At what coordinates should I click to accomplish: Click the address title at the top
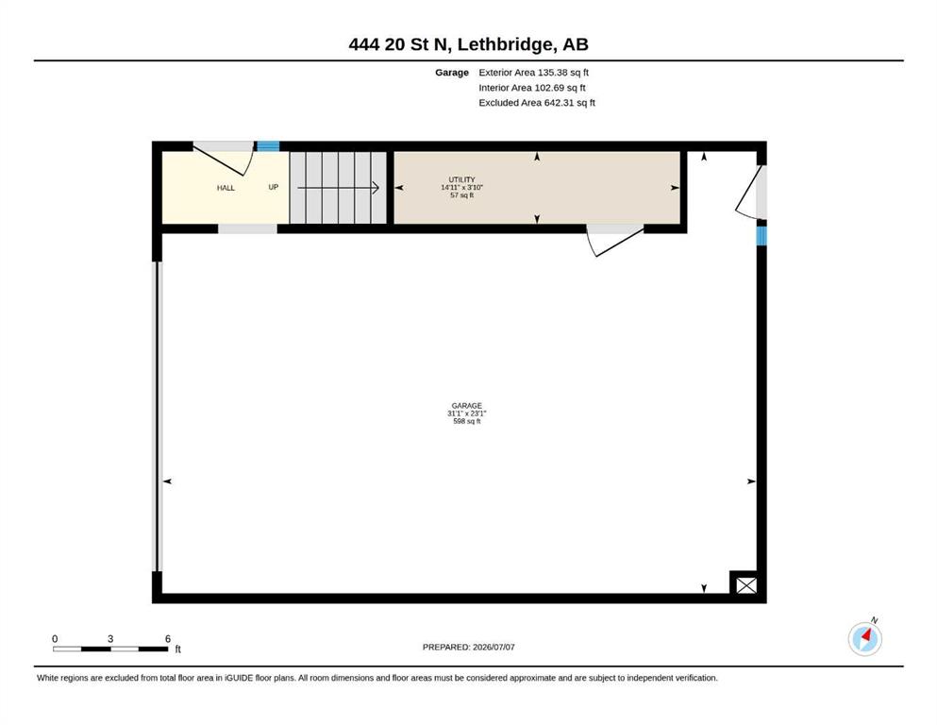(468, 44)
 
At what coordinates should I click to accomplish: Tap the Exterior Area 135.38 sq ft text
(534, 73)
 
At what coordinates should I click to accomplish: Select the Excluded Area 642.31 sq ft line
(537, 103)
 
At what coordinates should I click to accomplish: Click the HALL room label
(226, 188)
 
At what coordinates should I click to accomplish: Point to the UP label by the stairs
(273, 187)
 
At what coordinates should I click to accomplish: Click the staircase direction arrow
(338, 188)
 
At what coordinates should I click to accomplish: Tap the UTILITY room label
(462, 179)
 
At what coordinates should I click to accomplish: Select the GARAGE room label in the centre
(467, 406)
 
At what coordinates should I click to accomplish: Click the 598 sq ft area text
(467, 421)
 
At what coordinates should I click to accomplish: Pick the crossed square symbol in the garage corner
(746, 585)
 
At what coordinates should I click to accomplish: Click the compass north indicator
(865, 638)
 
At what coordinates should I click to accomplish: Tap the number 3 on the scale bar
(110, 639)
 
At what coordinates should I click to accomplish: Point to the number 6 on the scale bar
(168, 639)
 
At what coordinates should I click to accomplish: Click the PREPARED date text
(468, 647)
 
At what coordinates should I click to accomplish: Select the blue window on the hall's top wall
(268, 145)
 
